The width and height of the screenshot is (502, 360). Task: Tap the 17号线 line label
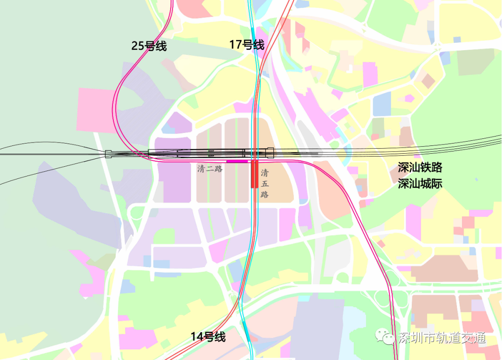click(246, 45)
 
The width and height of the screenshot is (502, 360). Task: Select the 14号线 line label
click(208, 337)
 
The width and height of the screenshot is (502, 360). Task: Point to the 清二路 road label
click(210, 169)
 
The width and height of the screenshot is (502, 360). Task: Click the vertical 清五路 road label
click(264, 183)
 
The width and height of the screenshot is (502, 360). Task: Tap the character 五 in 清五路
click(264, 183)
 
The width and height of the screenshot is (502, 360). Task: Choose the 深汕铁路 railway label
click(420, 168)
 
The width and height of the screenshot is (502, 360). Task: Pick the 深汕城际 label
click(420, 183)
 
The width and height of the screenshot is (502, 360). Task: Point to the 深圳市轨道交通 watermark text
click(442, 338)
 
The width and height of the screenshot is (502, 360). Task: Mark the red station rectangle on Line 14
click(254, 174)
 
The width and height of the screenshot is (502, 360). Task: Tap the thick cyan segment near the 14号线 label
click(246, 330)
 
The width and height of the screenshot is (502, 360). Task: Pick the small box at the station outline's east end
click(270, 152)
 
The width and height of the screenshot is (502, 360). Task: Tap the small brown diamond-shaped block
click(428, 81)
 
